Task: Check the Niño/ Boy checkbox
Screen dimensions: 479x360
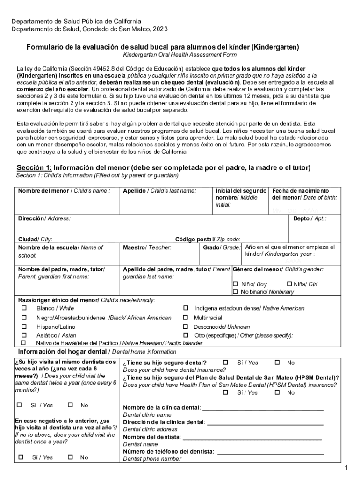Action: point(236,284)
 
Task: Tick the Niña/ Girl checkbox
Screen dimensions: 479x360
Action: point(289,284)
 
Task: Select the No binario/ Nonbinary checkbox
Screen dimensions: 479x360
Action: point(236,292)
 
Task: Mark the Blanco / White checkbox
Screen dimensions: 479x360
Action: point(23,308)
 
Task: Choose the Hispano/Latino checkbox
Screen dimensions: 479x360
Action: point(23,327)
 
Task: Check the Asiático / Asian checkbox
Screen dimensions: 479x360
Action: point(23,335)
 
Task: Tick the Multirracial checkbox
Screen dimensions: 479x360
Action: point(186,318)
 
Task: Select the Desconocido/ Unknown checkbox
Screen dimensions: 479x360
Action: point(186,327)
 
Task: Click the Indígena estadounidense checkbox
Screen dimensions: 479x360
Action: point(186,308)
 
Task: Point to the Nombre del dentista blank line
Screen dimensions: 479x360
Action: point(252,439)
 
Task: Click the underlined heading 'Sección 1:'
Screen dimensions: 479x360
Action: point(34,168)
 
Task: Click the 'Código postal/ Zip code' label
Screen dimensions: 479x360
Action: point(207,239)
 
